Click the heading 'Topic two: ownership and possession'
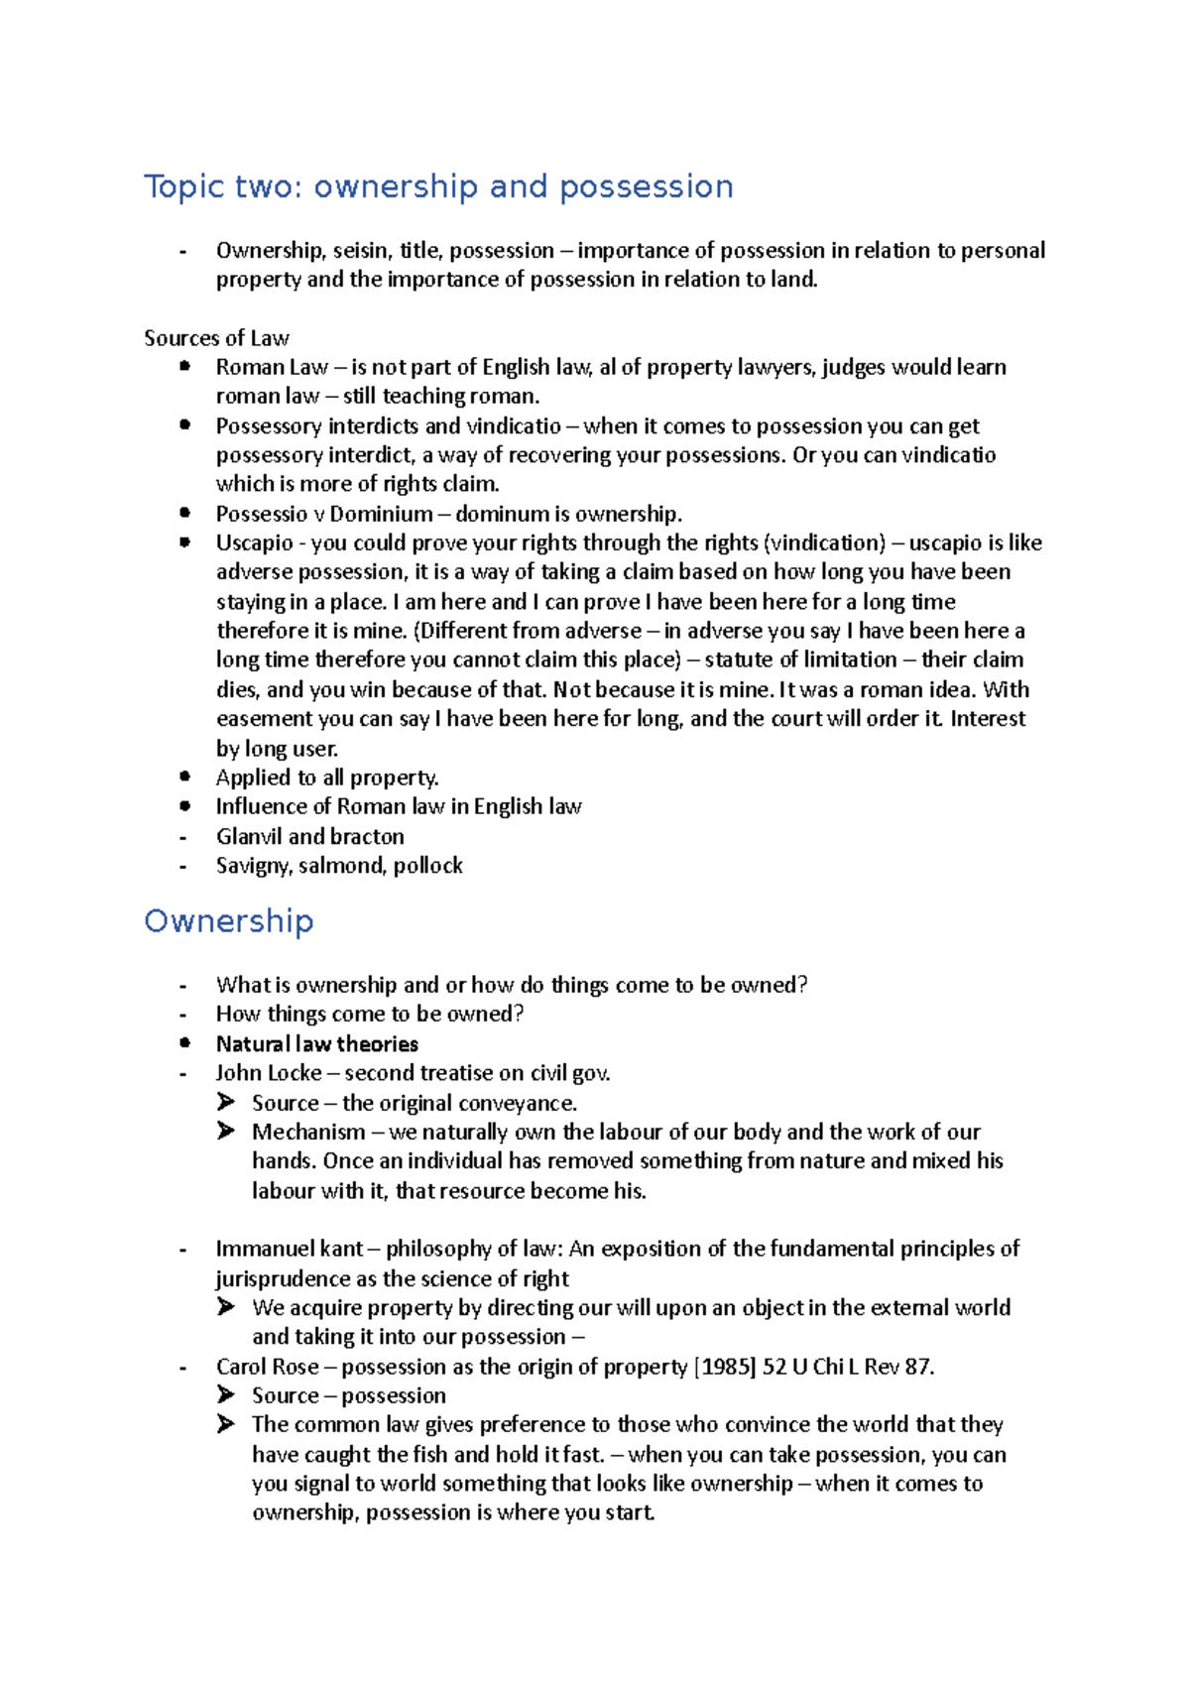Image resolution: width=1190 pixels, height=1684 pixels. point(438,186)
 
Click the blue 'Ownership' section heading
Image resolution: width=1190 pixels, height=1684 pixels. point(229,920)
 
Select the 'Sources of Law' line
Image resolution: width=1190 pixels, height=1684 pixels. point(216,338)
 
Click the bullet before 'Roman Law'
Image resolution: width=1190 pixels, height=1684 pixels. point(184,367)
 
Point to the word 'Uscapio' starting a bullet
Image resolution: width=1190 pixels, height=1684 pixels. point(255,543)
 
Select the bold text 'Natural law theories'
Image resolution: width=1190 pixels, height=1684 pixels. point(316,1043)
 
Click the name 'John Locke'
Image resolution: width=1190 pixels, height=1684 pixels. point(269,1073)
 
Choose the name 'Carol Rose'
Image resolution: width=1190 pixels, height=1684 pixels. point(267,1367)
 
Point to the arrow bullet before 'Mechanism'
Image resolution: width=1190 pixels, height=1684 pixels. point(226,1132)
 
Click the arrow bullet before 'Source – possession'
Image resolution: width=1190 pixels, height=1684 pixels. point(226,1395)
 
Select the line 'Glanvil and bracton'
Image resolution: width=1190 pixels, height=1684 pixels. point(309,836)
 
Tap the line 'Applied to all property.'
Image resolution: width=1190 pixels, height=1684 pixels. point(327,778)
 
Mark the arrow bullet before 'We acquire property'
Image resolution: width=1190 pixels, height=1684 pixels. point(226,1307)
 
